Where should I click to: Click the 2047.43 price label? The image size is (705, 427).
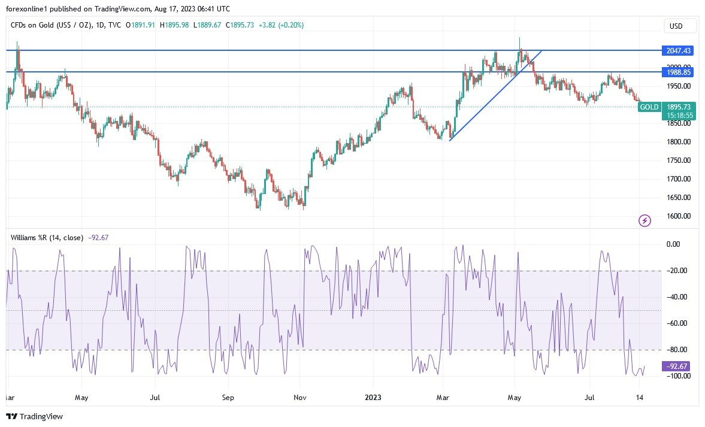676,51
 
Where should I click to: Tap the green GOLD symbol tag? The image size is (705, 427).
649,107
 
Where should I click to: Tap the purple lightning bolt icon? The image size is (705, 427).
645,221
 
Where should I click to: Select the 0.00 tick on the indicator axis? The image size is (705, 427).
673,244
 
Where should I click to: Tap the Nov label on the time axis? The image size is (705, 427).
301,397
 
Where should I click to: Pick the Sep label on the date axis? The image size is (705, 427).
228,397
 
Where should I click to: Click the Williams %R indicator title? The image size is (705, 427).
47,237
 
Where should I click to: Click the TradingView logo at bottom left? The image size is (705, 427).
34,416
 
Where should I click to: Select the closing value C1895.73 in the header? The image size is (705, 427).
235,25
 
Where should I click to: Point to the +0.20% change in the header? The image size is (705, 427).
292,25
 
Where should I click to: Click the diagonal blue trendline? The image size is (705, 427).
495,95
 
